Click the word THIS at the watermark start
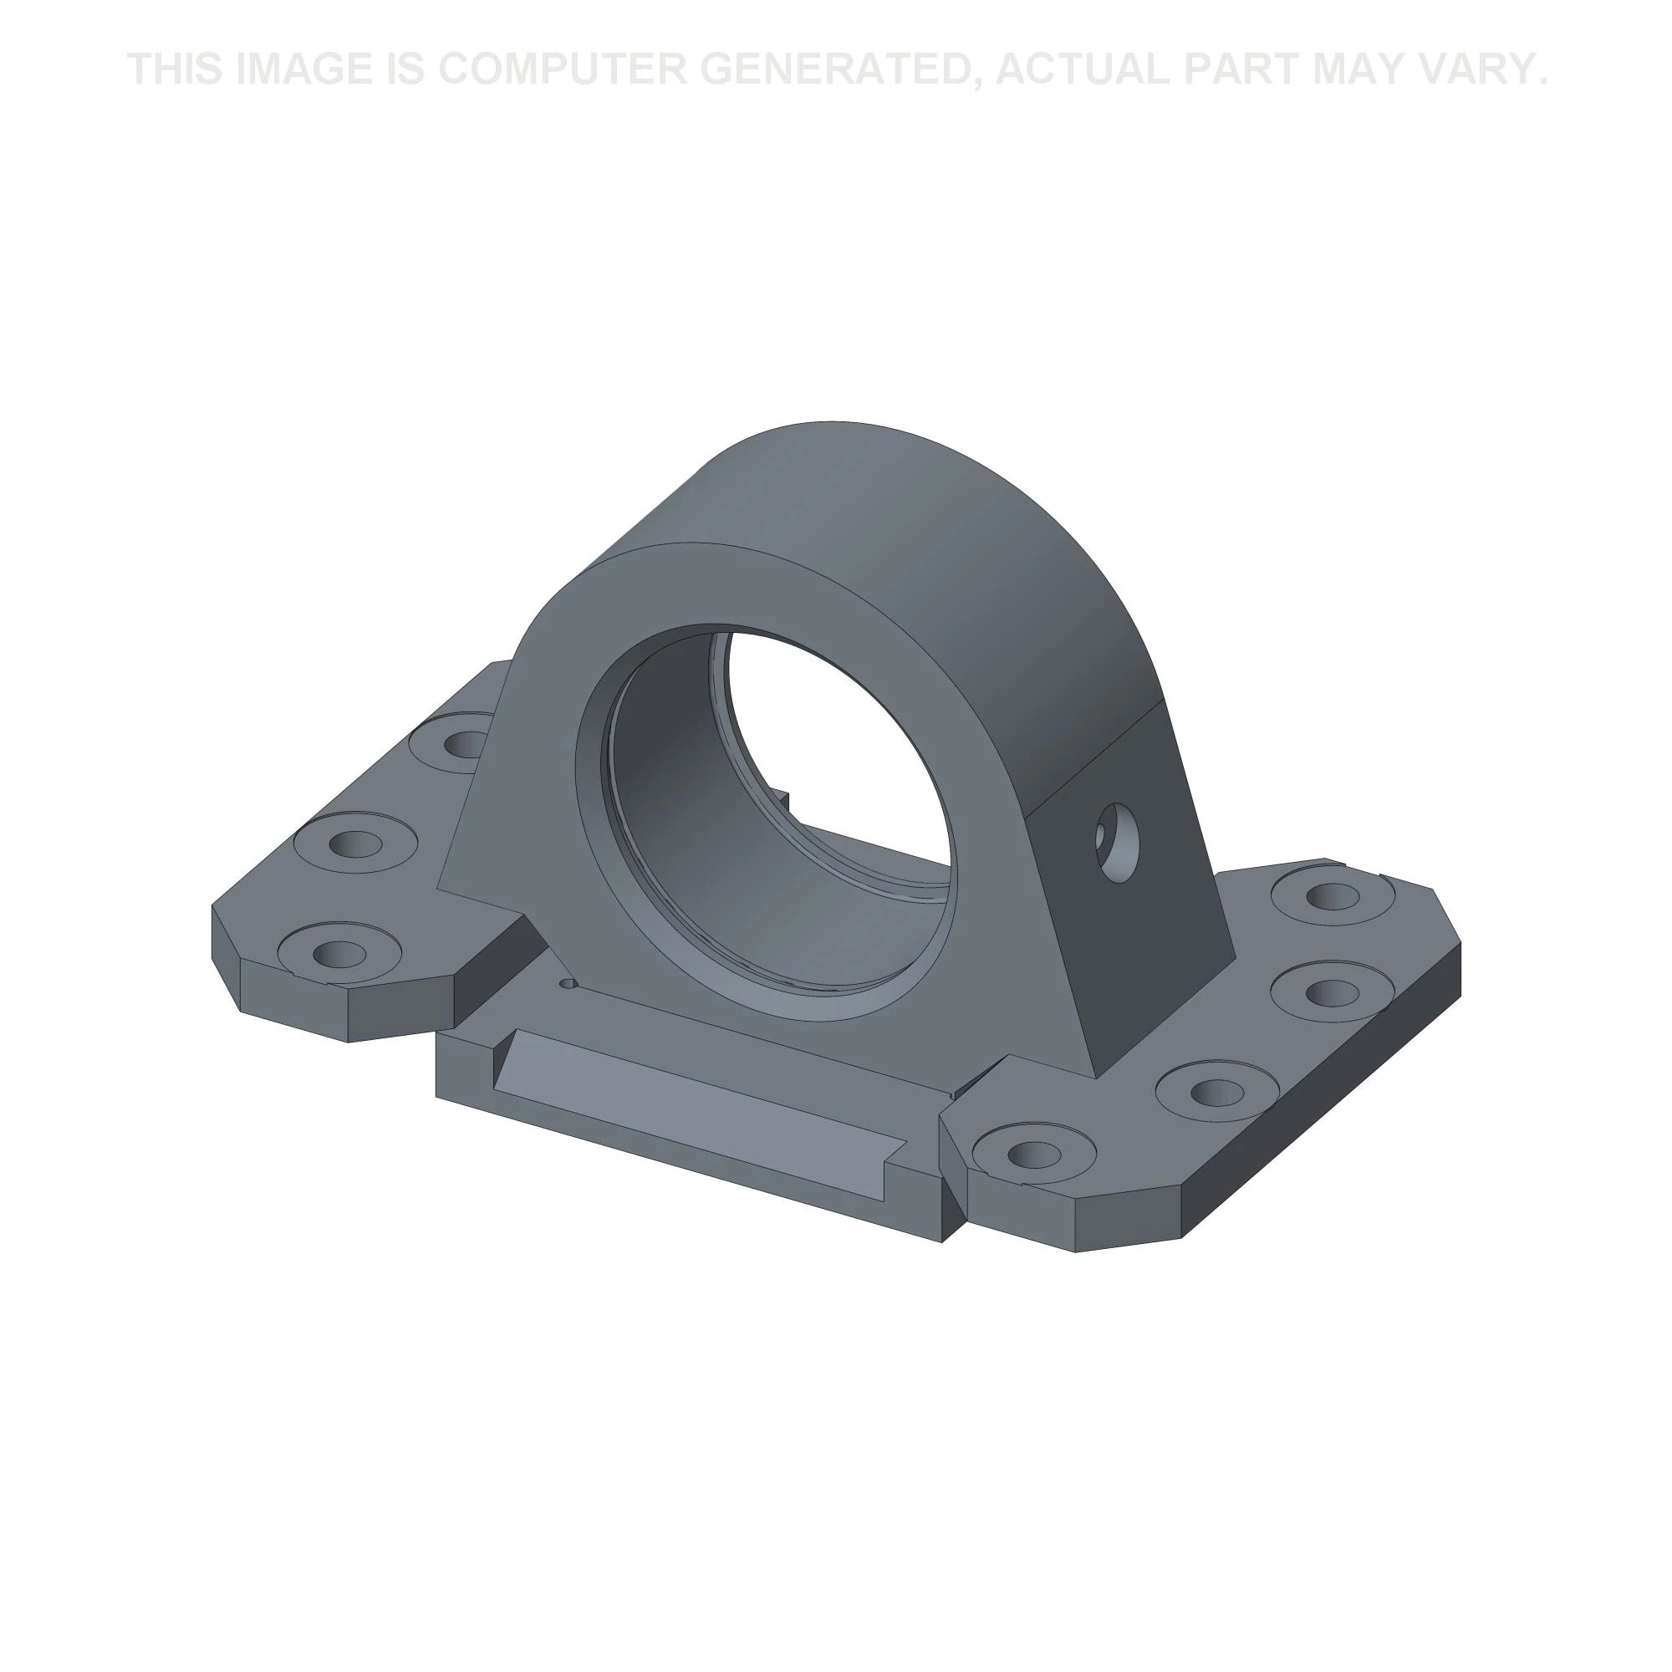[176, 69]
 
